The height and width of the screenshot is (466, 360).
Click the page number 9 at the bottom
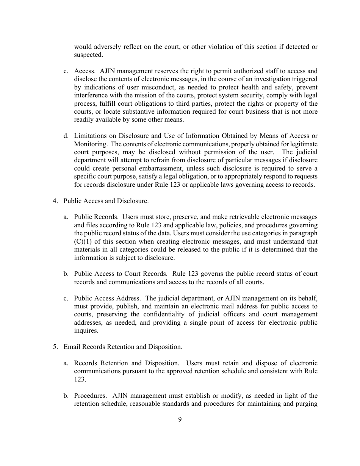(x=180, y=419)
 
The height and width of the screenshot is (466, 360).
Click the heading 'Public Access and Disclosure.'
(x=106, y=201)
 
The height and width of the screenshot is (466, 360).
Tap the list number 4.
(x=55, y=201)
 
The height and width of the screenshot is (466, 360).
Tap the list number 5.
(x=55, y=347)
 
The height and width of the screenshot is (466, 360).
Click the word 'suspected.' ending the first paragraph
(x=88, y=55)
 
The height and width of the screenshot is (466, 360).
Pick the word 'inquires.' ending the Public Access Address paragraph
(x=86, y=330)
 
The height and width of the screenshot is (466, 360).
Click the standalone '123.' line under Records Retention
(x=80, y=379)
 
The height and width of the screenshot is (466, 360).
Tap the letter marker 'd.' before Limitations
(x=66, y=136)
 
